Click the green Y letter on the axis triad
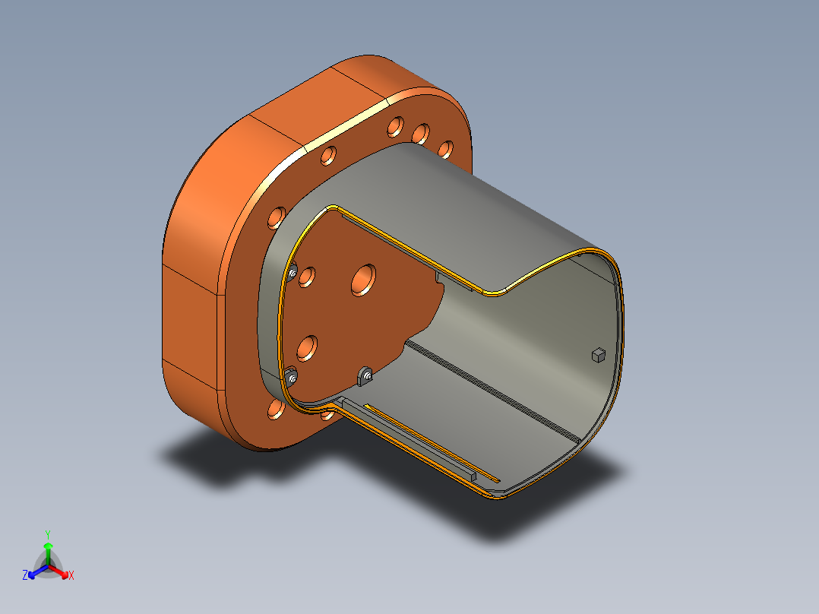pos(47,533)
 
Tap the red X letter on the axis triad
pos(71,576)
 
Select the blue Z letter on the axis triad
pos(25,576)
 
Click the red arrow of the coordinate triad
pos(60,571)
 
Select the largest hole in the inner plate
pos(364,280)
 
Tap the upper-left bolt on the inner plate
pos(292,273)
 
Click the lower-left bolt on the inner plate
pos(292,377)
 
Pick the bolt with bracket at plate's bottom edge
pos(367,375)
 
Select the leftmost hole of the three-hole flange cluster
pos(395,125)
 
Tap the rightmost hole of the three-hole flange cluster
pos(446,149)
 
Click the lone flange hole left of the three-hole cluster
pos(328,156)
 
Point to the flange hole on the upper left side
pos(275,218)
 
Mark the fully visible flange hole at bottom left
pos(277,411)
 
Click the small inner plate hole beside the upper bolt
pos(307,276)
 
